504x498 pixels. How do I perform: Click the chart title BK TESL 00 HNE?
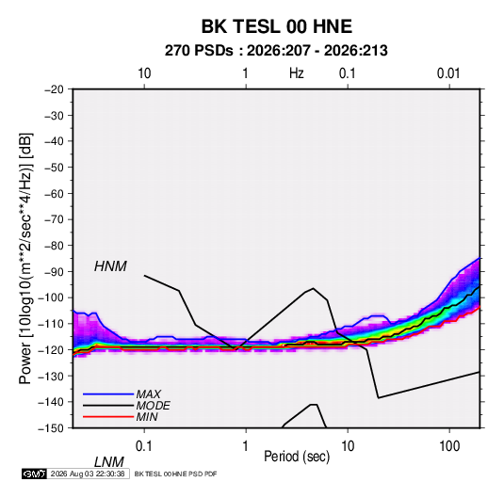point(276,26)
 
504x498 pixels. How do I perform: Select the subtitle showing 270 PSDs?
point(276,51)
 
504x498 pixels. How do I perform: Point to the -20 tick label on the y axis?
point(54,89)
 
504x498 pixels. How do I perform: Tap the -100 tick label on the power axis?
point(51,297)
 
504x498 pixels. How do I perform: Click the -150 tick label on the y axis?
point(51,428)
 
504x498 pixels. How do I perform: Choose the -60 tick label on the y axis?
point(54,193)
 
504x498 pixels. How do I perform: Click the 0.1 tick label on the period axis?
point(144,446)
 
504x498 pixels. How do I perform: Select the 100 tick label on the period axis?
point(449,446)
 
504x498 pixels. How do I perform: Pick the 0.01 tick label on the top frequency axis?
point(448,73)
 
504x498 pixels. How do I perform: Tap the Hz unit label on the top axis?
point(297,73)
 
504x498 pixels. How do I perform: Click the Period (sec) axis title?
point(297,457)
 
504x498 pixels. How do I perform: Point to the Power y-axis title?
point(25,259)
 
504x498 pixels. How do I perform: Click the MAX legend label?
point(148,394)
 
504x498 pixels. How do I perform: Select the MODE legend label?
point(153,406)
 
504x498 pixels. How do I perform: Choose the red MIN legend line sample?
point(108,417)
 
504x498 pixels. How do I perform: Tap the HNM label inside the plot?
point(110,266)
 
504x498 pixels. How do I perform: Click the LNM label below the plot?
point(108,462)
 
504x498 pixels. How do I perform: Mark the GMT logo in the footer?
point(34,474)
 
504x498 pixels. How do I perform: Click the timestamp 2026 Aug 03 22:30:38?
point(88,474)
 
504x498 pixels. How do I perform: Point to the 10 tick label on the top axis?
point(144,73)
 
